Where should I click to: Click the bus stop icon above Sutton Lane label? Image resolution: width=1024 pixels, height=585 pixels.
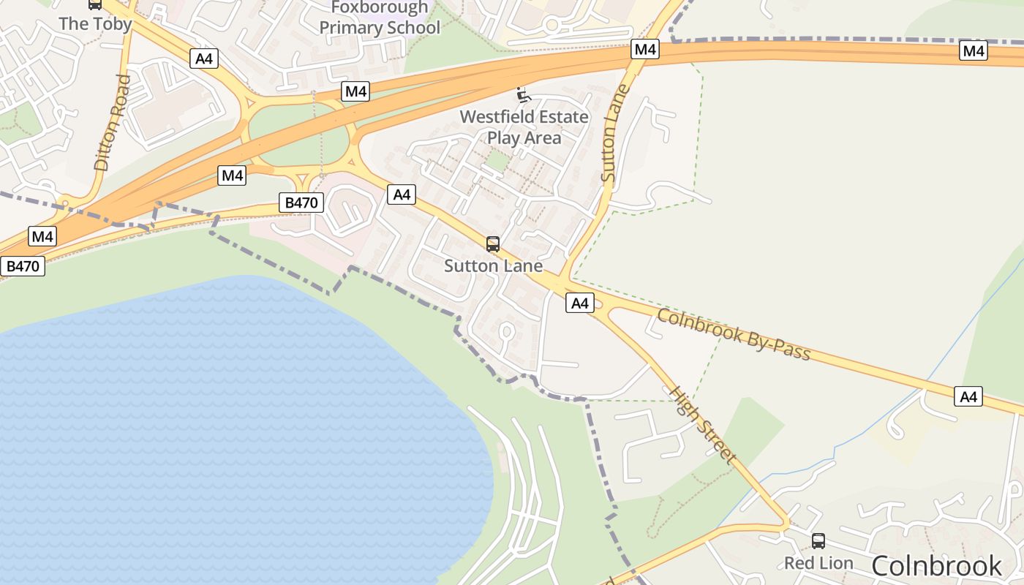(x=493, y=244)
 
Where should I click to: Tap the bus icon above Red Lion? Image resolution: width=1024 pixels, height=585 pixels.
(x=818, y=541)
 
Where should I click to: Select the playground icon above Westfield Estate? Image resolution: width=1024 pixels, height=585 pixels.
(x=523, y=94)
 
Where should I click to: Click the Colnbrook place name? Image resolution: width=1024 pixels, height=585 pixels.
(x=936, y=566)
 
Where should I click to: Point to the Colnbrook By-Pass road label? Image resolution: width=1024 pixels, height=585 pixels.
(x=734, y=335)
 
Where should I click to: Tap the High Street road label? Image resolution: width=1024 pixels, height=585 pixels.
(x=702, y=424)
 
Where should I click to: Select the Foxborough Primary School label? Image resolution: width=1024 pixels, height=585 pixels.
(x=380, y=18)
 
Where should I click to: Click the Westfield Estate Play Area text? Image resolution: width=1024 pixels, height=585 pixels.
(x=524, y=127)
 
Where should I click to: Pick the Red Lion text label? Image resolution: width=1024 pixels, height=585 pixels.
(x=818, y=563)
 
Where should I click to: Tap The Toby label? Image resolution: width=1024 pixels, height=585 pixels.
(x=95, y=23)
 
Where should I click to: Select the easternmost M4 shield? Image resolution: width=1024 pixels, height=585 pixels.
(x=973, y=50)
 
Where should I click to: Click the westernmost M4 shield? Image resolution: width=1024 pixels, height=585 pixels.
(x=42, y=236)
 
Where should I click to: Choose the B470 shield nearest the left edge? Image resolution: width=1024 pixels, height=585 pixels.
(x=22, y=266)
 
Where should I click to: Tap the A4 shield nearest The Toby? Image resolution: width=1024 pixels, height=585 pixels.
(x=203, y=58)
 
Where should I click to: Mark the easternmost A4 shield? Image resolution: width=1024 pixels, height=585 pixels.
(x=968, y=397)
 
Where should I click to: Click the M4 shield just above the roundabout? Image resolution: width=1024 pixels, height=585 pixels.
(x=355, y=91)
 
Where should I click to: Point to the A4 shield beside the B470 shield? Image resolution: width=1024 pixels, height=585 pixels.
(x=402, y=195)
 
